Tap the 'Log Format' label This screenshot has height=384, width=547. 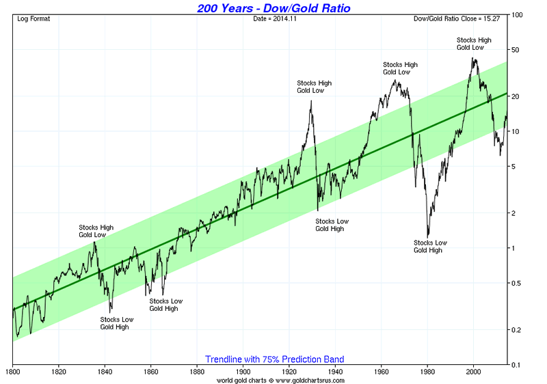[x=34, y=18]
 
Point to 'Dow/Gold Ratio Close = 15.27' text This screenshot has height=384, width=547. [x=459, y=18]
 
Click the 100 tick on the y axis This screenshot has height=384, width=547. [x=518, y=14]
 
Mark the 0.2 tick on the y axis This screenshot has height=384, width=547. [x=517, y=330]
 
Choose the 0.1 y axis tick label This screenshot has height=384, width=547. [x=517, y=365]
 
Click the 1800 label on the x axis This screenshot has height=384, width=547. [x=12, y=372]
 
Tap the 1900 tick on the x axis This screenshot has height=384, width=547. [x=243, y=372]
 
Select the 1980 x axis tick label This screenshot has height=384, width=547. [x=427, y=372]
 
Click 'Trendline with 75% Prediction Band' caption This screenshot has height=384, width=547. [x=274, y=359]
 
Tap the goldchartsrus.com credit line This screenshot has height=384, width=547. [x=281, y=380]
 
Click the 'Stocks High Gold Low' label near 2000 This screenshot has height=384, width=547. [x=474, y=44]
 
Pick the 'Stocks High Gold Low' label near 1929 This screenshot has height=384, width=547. [x=314, y=87]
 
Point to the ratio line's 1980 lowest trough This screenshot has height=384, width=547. [x=428, y=236]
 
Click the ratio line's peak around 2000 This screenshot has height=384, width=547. [x=474, y=58]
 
